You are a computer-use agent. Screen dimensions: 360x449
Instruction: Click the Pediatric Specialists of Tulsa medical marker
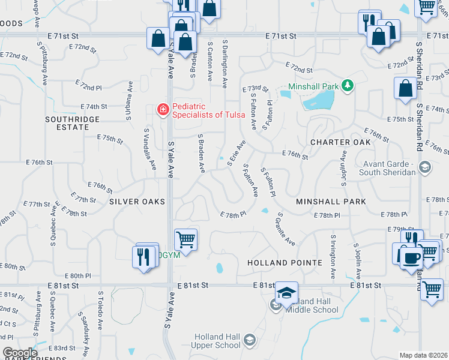point(162,109)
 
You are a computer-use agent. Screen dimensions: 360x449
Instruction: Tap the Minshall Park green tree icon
point(347,86)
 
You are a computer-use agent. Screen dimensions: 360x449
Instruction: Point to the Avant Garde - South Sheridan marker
point(425,166)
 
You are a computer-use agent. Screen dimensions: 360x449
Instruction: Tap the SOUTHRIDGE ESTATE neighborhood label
point(72,124)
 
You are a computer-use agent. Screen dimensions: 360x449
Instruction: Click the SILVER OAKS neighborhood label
point(137,202)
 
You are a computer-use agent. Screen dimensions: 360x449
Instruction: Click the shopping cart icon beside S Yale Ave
point(186,239)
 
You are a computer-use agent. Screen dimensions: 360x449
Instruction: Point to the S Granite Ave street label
point(285,229)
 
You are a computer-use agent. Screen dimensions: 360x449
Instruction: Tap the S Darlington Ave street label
point(224,63)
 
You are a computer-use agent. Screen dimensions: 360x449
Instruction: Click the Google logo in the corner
point(20,353)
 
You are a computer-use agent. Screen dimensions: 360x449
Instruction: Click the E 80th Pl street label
point(79,276)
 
